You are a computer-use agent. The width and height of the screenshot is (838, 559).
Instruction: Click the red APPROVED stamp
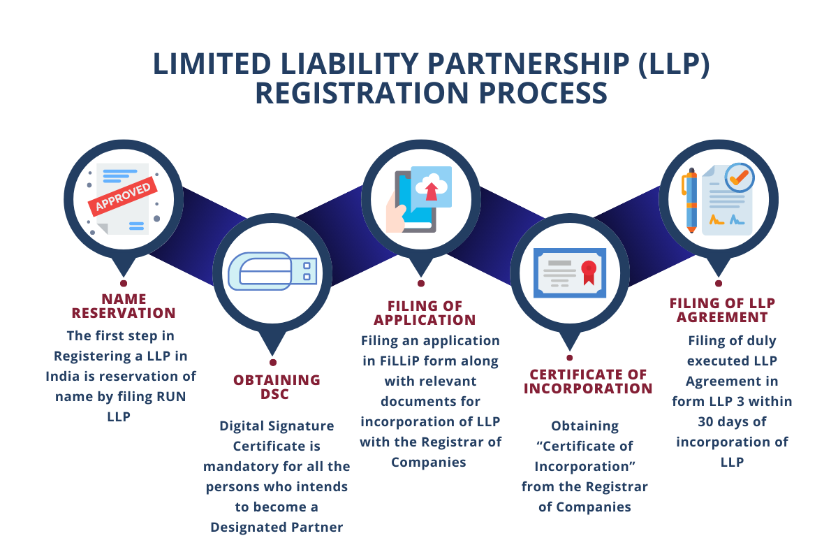click(123, 197)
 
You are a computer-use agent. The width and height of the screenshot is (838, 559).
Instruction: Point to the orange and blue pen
click(691, 200)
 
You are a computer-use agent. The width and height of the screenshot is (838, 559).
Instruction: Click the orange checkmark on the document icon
click(737, 177)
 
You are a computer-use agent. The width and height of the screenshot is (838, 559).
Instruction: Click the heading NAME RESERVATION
click(123, 305)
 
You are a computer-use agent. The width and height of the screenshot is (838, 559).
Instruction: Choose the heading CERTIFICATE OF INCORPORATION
click(588, 382)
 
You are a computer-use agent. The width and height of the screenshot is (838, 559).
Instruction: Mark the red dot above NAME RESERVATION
click(124, 284)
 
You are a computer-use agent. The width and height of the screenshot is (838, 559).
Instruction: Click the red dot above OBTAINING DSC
click(273, 363)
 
